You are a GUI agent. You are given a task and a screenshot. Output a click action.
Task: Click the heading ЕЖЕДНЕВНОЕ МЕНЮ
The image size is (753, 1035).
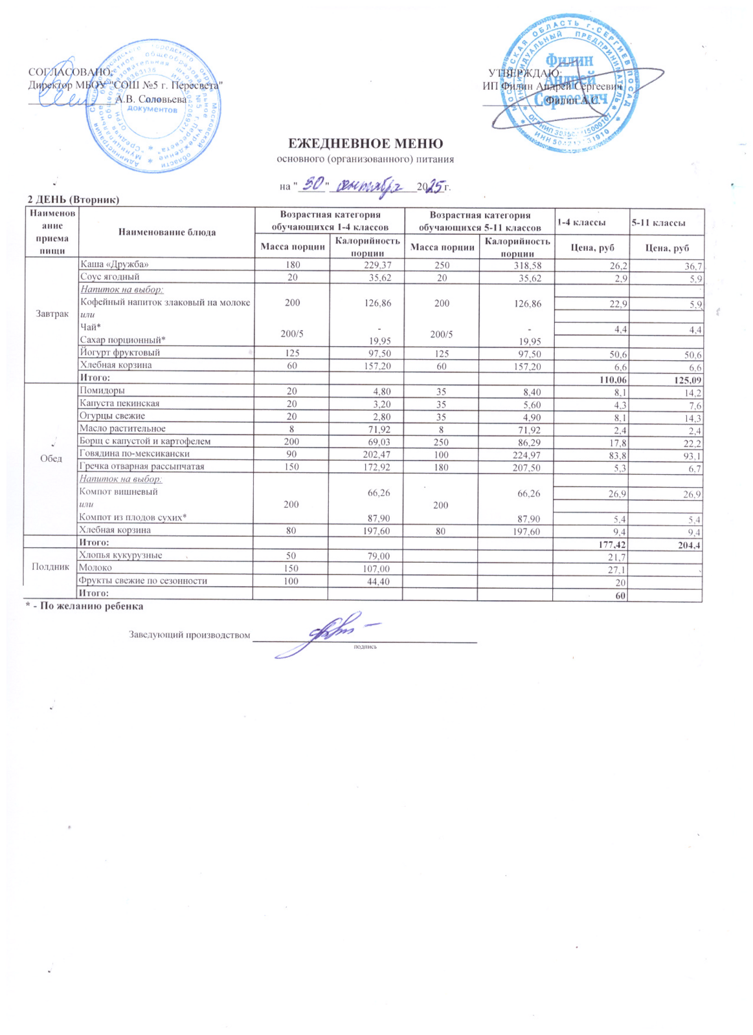(365, 144)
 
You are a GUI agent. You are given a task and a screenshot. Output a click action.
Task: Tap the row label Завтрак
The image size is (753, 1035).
(52, 314)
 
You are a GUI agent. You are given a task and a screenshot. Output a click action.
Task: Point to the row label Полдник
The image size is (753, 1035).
(51, 567)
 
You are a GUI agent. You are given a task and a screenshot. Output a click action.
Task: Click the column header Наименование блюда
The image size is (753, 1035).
(166, 232)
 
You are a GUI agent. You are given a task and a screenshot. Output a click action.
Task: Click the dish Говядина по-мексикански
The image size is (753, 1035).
(134, 453)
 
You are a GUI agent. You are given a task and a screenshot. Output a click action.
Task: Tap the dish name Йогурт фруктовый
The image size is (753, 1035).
(119, 353)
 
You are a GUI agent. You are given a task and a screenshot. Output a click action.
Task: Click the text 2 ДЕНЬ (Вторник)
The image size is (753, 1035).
(73, 200)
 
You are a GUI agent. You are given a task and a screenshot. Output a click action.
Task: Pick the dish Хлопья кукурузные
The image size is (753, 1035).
(120, 555)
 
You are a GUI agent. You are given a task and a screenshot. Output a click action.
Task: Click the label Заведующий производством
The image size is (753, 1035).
(189, 635)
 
